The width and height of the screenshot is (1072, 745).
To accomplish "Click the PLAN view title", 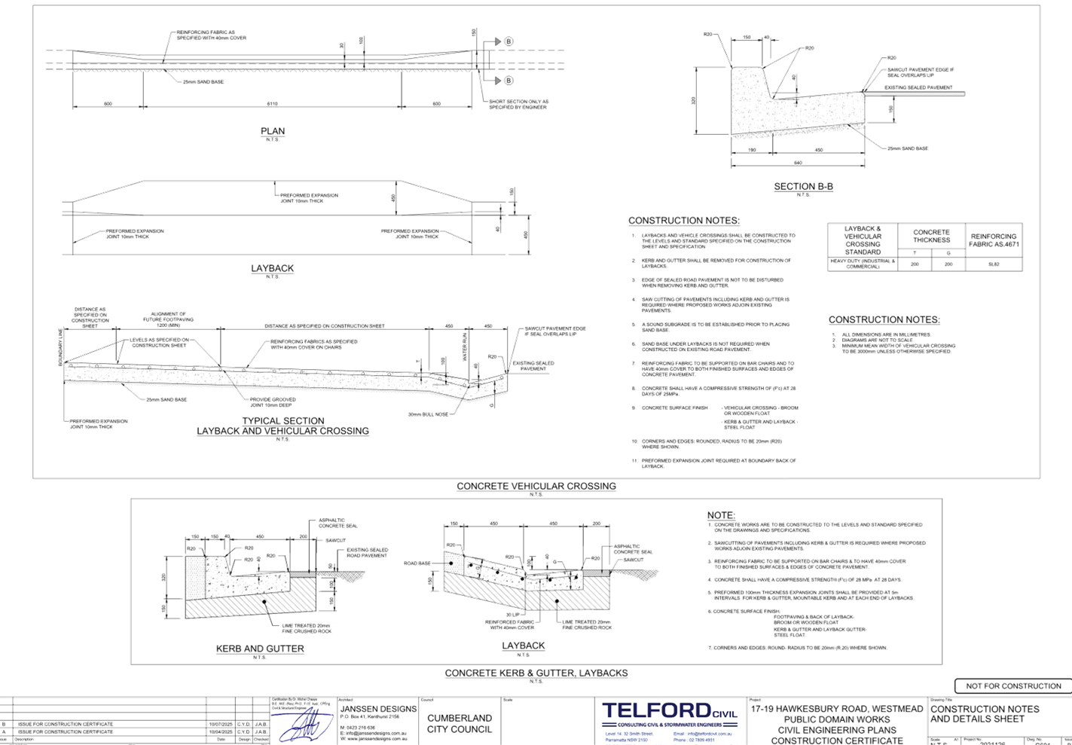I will click(273, 131).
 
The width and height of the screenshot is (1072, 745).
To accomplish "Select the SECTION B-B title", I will click(804, 186).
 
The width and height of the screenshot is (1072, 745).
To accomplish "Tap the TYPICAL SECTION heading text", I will click(283, 420).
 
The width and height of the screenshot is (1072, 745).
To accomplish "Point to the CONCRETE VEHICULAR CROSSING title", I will click(536, 486).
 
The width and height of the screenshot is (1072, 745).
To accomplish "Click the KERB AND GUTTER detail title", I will click(260, 649).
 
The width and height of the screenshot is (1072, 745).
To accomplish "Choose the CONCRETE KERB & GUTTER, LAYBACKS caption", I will click(536, 673).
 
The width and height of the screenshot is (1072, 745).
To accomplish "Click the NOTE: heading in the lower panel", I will click(721, 515).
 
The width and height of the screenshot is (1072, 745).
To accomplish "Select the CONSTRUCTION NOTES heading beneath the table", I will click(884, 319).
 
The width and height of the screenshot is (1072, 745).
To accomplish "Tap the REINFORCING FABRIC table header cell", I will click(993, 239).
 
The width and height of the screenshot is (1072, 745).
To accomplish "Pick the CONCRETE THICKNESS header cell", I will click(932, 236).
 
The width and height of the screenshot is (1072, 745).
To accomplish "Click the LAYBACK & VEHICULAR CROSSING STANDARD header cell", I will click(863, 240).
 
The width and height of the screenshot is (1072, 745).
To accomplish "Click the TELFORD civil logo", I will click(667, 712).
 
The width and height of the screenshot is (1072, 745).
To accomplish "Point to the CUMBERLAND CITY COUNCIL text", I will click(460, 723).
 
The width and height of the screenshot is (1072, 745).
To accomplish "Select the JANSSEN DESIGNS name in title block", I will click(378, 709).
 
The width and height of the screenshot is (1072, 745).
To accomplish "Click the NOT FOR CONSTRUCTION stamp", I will click(1012, 685).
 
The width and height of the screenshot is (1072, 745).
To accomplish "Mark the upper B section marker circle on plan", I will click(509, 41).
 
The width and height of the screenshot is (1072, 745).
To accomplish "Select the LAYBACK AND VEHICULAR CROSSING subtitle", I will click(283, 431).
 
